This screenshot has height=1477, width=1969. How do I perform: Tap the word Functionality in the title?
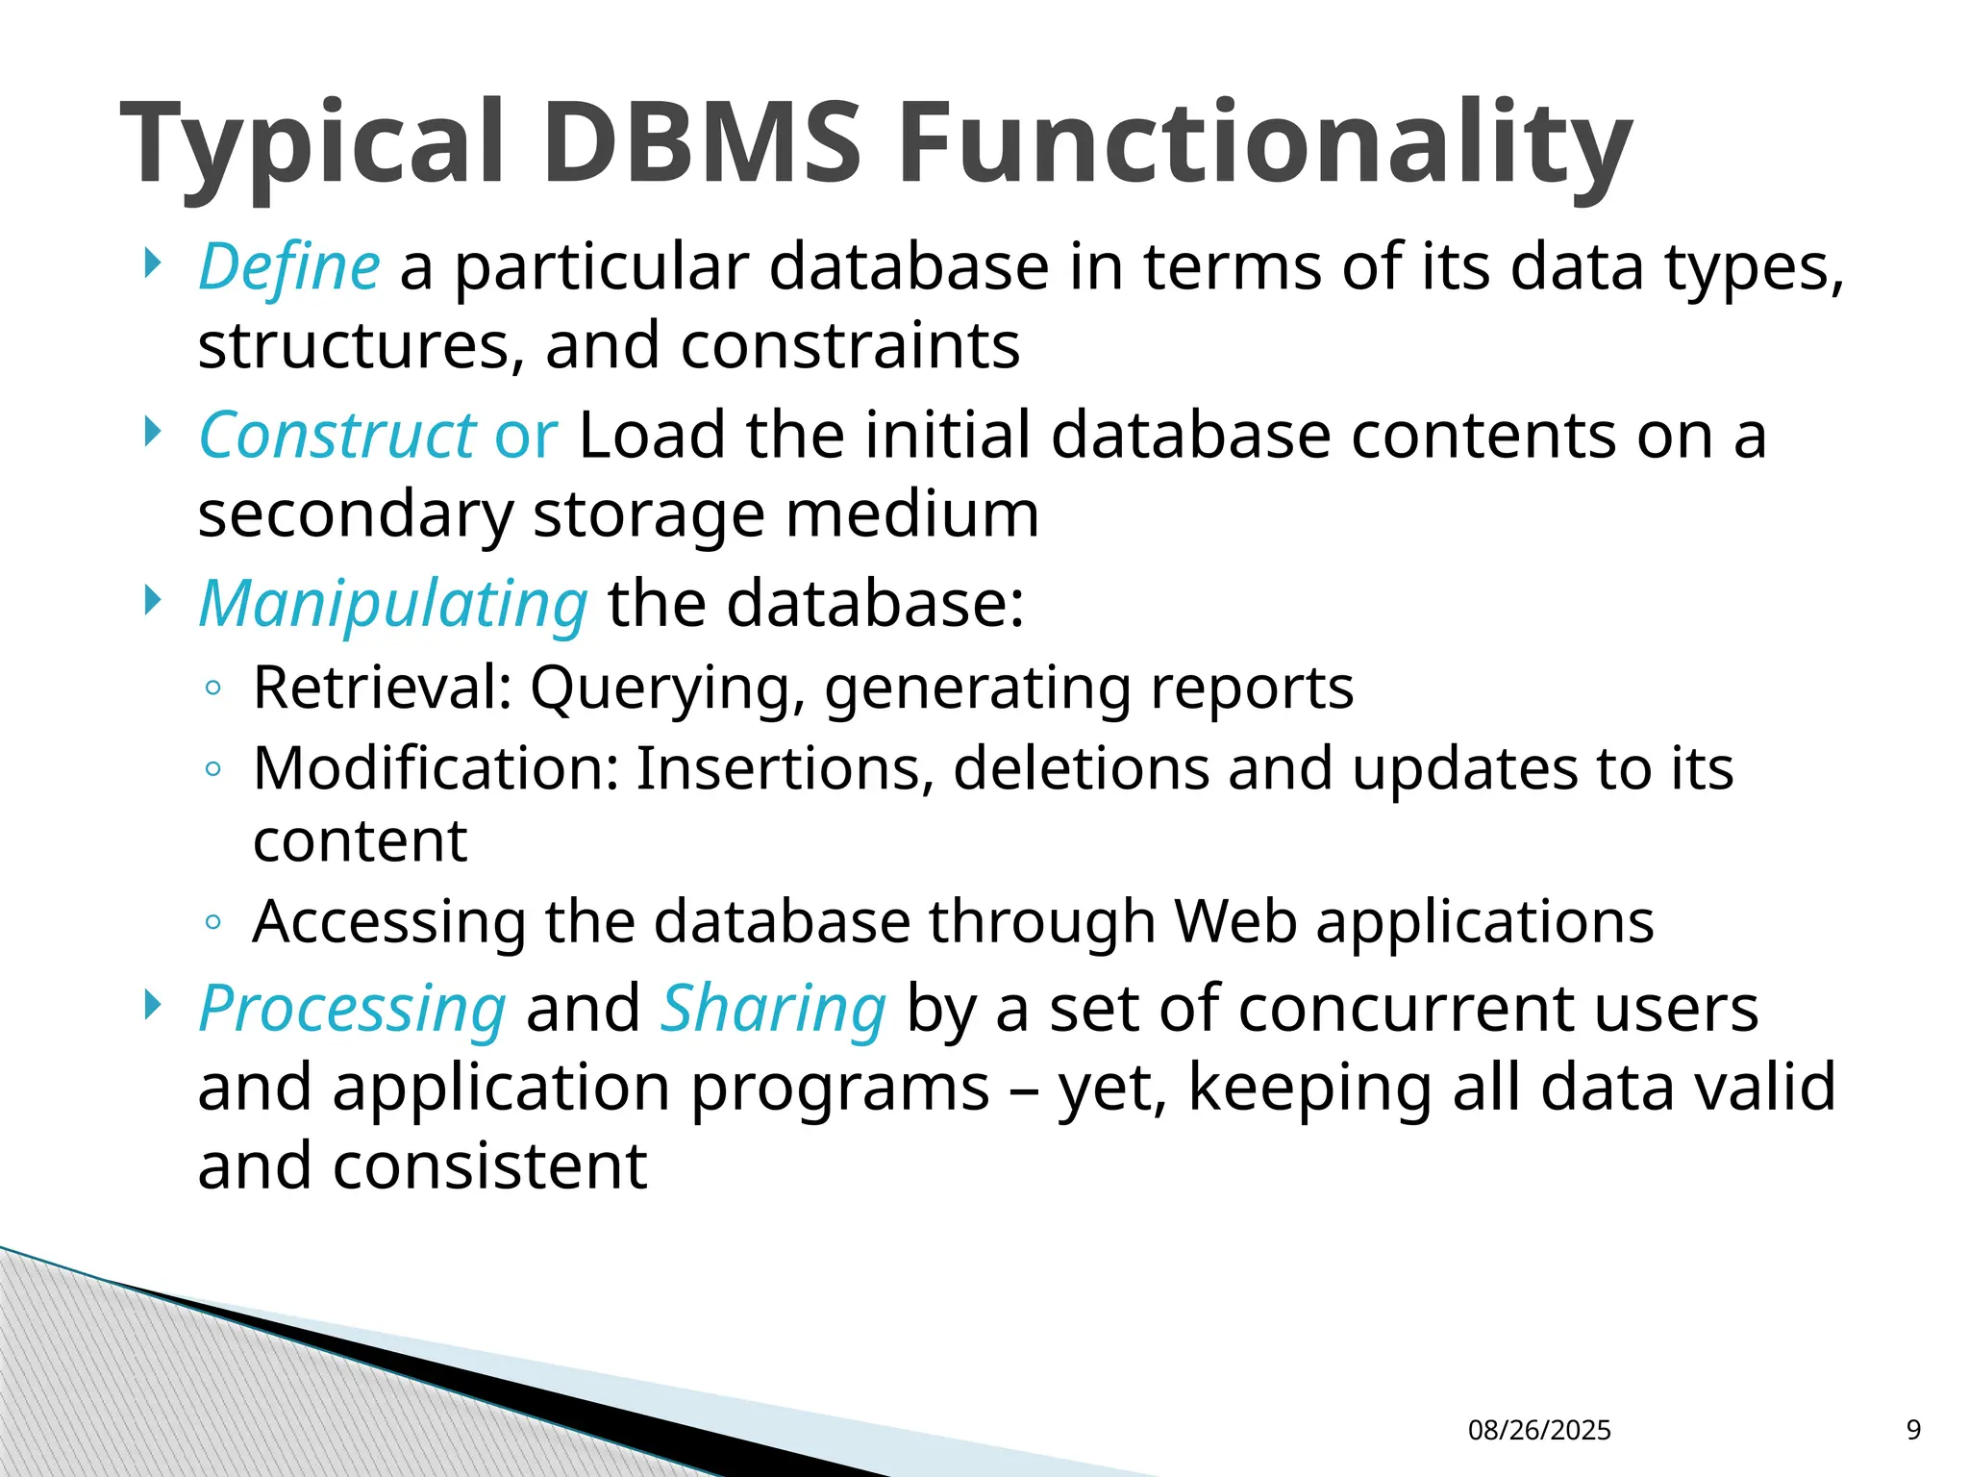click(x=1264, y=144)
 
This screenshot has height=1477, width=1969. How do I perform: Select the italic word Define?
click(x=289, y=266)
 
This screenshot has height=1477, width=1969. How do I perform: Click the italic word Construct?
click(x=336, y=436)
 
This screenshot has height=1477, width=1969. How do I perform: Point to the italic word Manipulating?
click(x=392, y=604)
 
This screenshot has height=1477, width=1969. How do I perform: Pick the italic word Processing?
click(x=352, y=1009)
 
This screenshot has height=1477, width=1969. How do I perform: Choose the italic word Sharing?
click(x=773, y=1009)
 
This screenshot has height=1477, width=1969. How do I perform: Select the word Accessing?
click(x=389, y=922)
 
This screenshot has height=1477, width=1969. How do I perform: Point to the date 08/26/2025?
click(x=1539, y=1430)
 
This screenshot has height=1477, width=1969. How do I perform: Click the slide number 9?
click(x=1913, y=1430)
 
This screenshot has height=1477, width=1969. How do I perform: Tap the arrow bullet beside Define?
click(x=151, y=263)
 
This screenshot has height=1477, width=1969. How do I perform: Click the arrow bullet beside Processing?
click(x=151, y=1005)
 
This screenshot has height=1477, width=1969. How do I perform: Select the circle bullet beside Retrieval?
click(x=213, y=688)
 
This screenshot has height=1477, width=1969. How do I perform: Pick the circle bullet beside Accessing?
click(x=213, y=922)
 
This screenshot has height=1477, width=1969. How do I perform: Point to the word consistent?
click(x=490, y=1166)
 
